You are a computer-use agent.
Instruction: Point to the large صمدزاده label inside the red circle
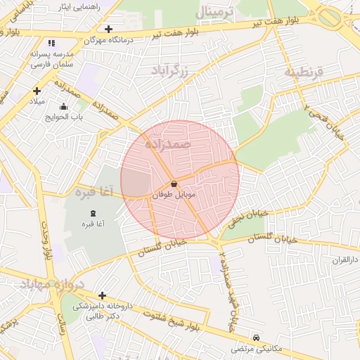pos(168,143)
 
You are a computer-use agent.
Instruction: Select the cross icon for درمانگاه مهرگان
pos(108,29)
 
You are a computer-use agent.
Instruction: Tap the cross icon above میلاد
pos(37,91)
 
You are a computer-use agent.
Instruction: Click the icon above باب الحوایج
pos(64,107)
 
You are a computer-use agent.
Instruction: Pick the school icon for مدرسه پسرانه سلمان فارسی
pos(51,43)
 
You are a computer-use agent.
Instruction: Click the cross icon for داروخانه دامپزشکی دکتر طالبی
pos(103,296)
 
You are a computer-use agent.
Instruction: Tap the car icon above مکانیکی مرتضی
pos(257,338)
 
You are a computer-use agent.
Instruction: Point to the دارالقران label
pos(345,259)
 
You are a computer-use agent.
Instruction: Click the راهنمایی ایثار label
pos(79,6)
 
